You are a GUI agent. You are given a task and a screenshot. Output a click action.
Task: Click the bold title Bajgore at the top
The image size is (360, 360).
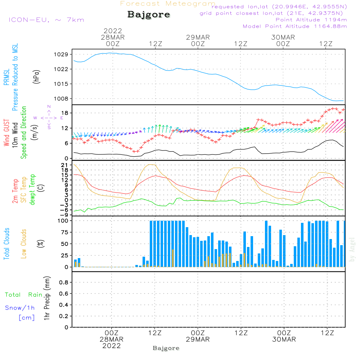click(x=149, y=15)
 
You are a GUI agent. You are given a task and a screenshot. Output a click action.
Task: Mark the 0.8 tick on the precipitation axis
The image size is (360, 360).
click(x=64, y=283)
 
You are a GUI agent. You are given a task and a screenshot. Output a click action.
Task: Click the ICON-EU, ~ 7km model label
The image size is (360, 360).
click(x=46, y=20)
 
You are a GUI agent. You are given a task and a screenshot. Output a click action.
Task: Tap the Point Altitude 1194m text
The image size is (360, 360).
click(x=311, y=20)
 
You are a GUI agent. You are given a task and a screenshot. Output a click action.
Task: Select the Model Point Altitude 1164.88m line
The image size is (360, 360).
click(x=295, y=26)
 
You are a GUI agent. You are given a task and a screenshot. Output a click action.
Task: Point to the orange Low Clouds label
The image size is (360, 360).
click(x=24, y=243)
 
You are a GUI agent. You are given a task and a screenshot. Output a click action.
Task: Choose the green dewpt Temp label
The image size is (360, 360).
click(x=32, y=190)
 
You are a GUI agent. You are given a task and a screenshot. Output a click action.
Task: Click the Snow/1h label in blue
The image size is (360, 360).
click(x=20, y=308)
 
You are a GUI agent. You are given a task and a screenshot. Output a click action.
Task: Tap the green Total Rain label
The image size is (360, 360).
click(x=23, y=295)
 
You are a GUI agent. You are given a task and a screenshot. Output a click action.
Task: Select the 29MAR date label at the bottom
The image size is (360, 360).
click(x=198, y=339)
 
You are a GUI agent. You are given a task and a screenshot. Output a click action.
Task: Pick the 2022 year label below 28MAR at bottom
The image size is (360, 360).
click(x=112, y=346)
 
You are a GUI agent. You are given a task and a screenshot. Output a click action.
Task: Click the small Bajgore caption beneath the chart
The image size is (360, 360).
click(x=166, y=348)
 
